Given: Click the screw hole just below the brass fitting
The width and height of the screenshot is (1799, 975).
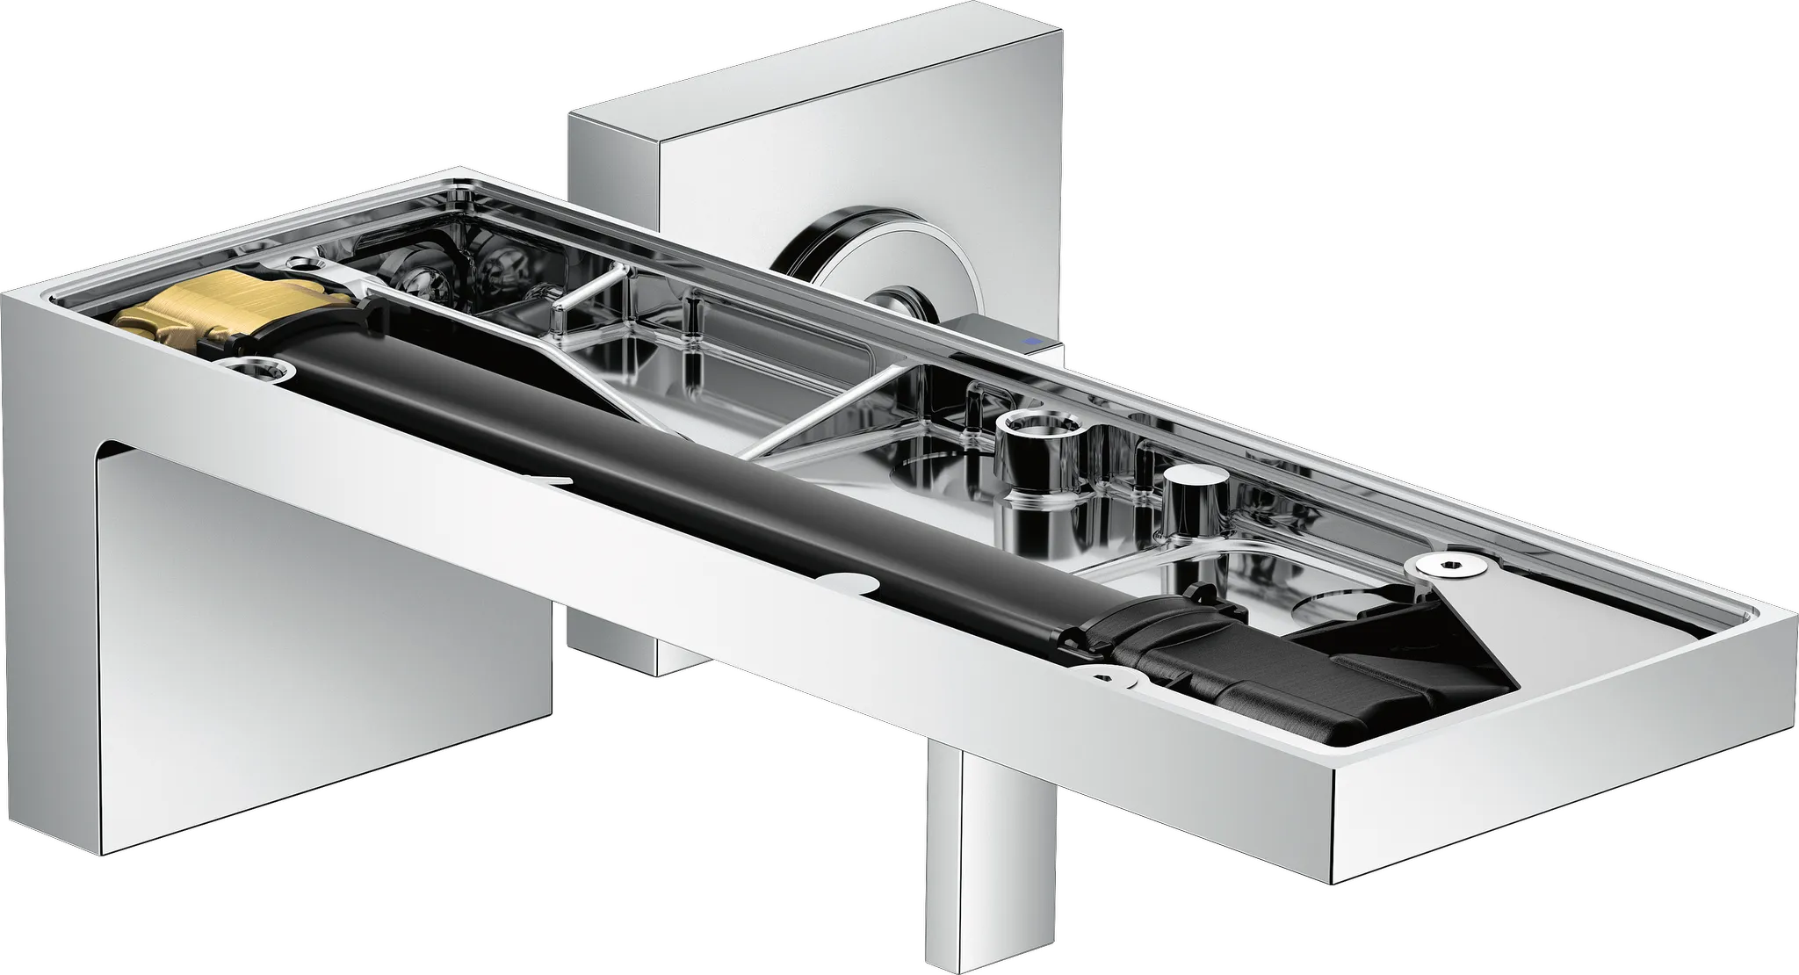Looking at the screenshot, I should [x=258, y=369].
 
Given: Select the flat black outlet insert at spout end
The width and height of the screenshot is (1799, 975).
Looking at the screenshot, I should [x=1405, y=668].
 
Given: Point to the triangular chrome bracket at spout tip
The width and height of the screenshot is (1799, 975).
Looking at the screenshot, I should [x=1476, y=615].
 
